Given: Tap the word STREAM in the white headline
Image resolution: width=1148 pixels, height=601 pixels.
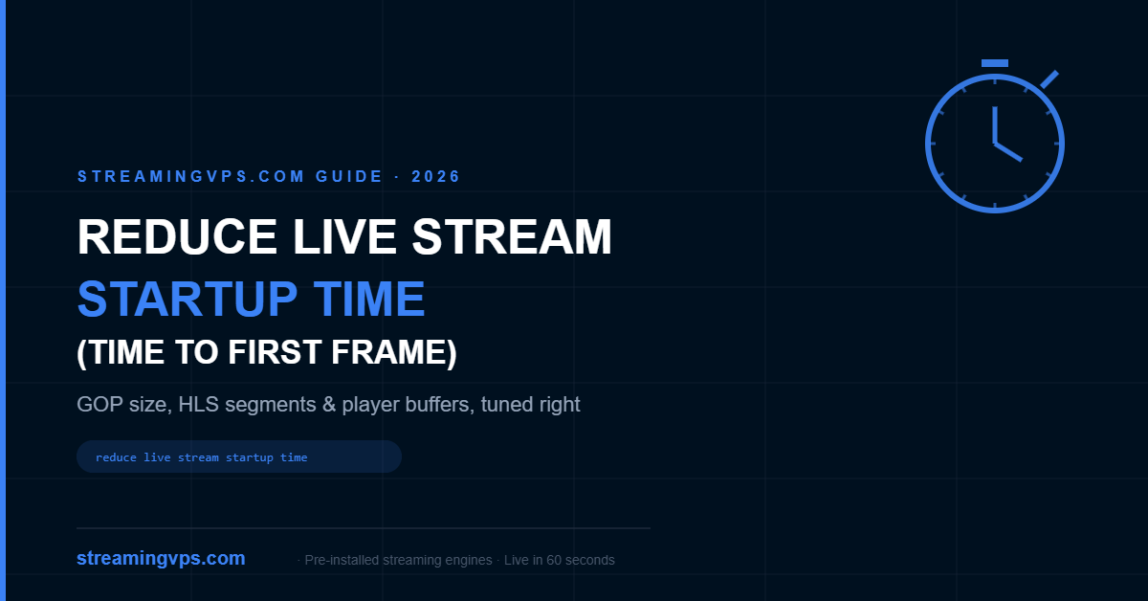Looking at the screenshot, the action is click(512, 236).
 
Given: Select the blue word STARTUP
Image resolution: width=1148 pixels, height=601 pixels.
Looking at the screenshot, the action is click(188, 299).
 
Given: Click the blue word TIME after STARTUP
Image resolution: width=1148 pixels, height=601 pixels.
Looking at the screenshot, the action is click(369, 299).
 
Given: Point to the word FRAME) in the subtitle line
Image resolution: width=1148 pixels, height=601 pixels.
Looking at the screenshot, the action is click(393, 353).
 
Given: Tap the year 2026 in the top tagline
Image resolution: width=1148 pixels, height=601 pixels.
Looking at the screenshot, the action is click(435, 176).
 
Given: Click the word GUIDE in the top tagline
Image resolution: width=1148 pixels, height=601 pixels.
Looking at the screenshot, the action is click(349, 176).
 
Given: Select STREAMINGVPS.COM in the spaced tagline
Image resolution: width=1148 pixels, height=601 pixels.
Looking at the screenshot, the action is click(191, 176).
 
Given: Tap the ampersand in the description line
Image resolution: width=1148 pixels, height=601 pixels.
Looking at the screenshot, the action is click(328, 405).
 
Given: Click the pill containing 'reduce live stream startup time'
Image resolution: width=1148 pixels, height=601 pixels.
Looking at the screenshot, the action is click(239, 456).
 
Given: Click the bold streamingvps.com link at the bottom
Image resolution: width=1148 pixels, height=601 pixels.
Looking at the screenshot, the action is click(161, 559).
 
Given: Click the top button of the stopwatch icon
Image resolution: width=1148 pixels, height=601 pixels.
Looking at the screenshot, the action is click(995, 63).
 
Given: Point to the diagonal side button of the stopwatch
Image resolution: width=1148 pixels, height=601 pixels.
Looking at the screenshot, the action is click(1049, 79).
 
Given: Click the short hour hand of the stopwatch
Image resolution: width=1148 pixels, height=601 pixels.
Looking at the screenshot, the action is click(1008, 152).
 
